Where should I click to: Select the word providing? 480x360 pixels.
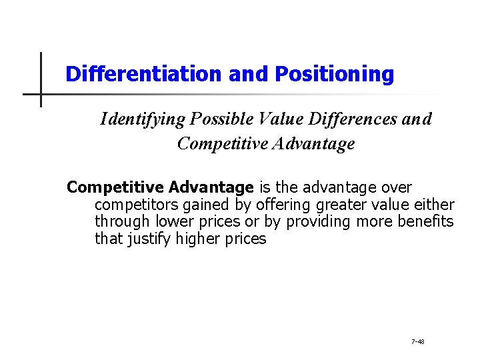click(301, 222)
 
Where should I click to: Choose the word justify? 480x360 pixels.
click(149, 239)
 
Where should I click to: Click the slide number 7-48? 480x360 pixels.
click(417, 341)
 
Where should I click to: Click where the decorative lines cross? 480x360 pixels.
click(41, 94)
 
